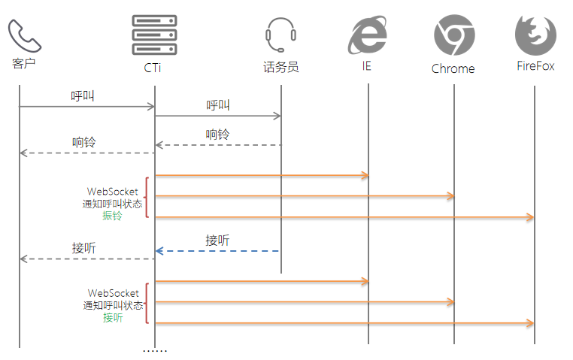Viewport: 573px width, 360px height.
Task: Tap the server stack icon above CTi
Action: [153, 35]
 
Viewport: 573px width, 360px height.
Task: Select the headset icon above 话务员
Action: [280, 35]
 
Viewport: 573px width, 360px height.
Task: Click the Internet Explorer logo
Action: [368, 35]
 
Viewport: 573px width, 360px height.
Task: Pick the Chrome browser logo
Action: [453, 35]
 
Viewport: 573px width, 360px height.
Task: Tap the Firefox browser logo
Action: [535, 35]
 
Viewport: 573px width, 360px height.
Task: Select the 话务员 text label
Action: [280, 68]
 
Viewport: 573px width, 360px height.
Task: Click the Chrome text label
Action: [453, 68]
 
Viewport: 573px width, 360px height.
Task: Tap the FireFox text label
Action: [535, 66]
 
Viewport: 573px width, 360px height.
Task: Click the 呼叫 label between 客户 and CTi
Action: [83, 96]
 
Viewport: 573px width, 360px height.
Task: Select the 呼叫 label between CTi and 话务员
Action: [218, 105]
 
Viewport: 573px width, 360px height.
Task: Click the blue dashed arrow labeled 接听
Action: [218, 251]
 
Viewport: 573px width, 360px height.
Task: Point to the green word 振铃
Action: [113, 216]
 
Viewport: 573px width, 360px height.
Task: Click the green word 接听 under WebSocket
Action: [113, 318]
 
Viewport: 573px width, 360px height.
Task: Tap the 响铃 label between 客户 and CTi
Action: [83, 142]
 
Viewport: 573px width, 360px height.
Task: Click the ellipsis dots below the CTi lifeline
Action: [155, 351]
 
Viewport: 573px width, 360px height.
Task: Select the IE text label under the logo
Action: [366, 66]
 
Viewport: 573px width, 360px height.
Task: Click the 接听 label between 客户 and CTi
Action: [83, 248]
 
